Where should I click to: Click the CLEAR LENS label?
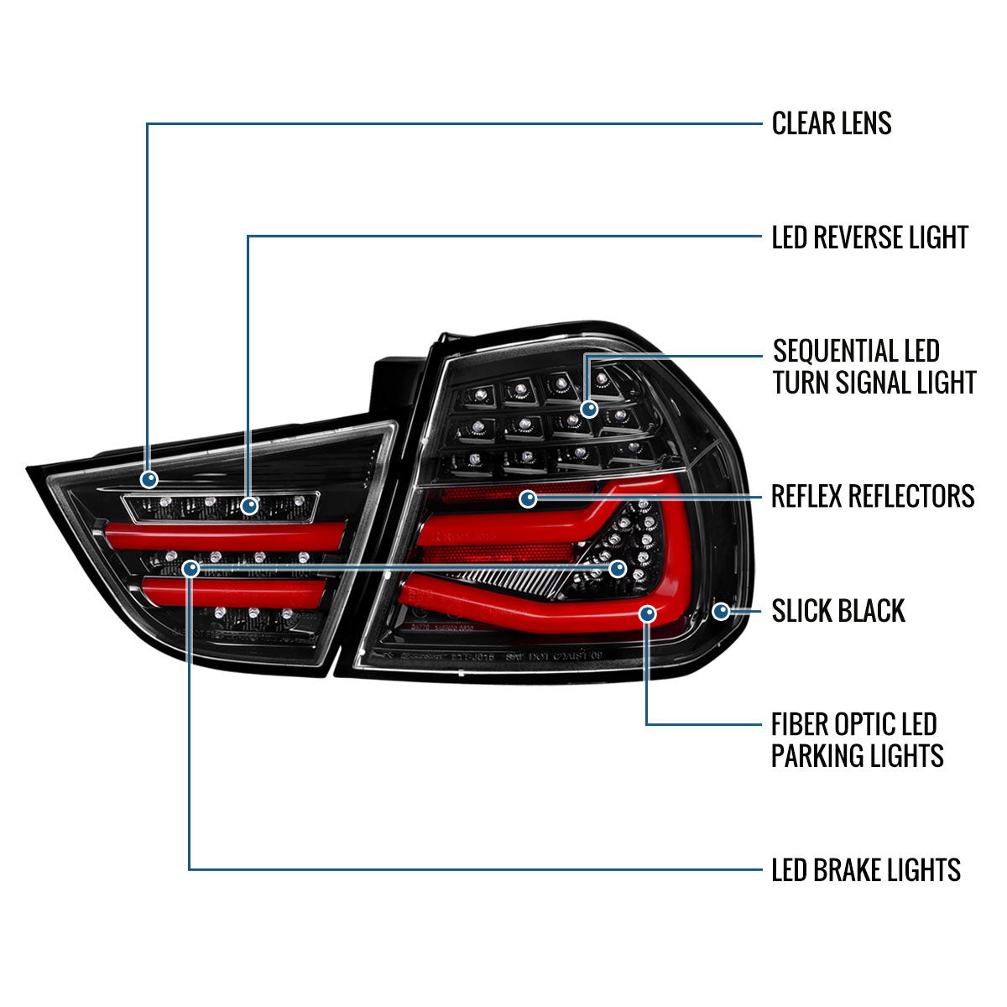tap(832, 123)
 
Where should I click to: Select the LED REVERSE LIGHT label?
tap(870, 237)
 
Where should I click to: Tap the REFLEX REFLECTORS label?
tap(873, 496)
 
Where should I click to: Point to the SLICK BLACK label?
tap(838, 611)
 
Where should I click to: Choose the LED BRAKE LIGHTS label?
tap(866, 870)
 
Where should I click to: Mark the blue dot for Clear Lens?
tap(149, 479)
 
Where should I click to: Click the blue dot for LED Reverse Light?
tap(249, 506)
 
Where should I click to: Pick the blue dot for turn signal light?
tap(589, 410)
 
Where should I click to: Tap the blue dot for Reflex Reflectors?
tap(528, 499)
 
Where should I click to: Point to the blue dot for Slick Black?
tap(721, 611)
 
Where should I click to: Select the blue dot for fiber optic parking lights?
tap(647, 614)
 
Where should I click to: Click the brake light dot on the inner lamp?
tap(190, 569)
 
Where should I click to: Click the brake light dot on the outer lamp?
tap(618, 568)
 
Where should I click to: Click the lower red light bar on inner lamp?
tap(235, 592)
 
